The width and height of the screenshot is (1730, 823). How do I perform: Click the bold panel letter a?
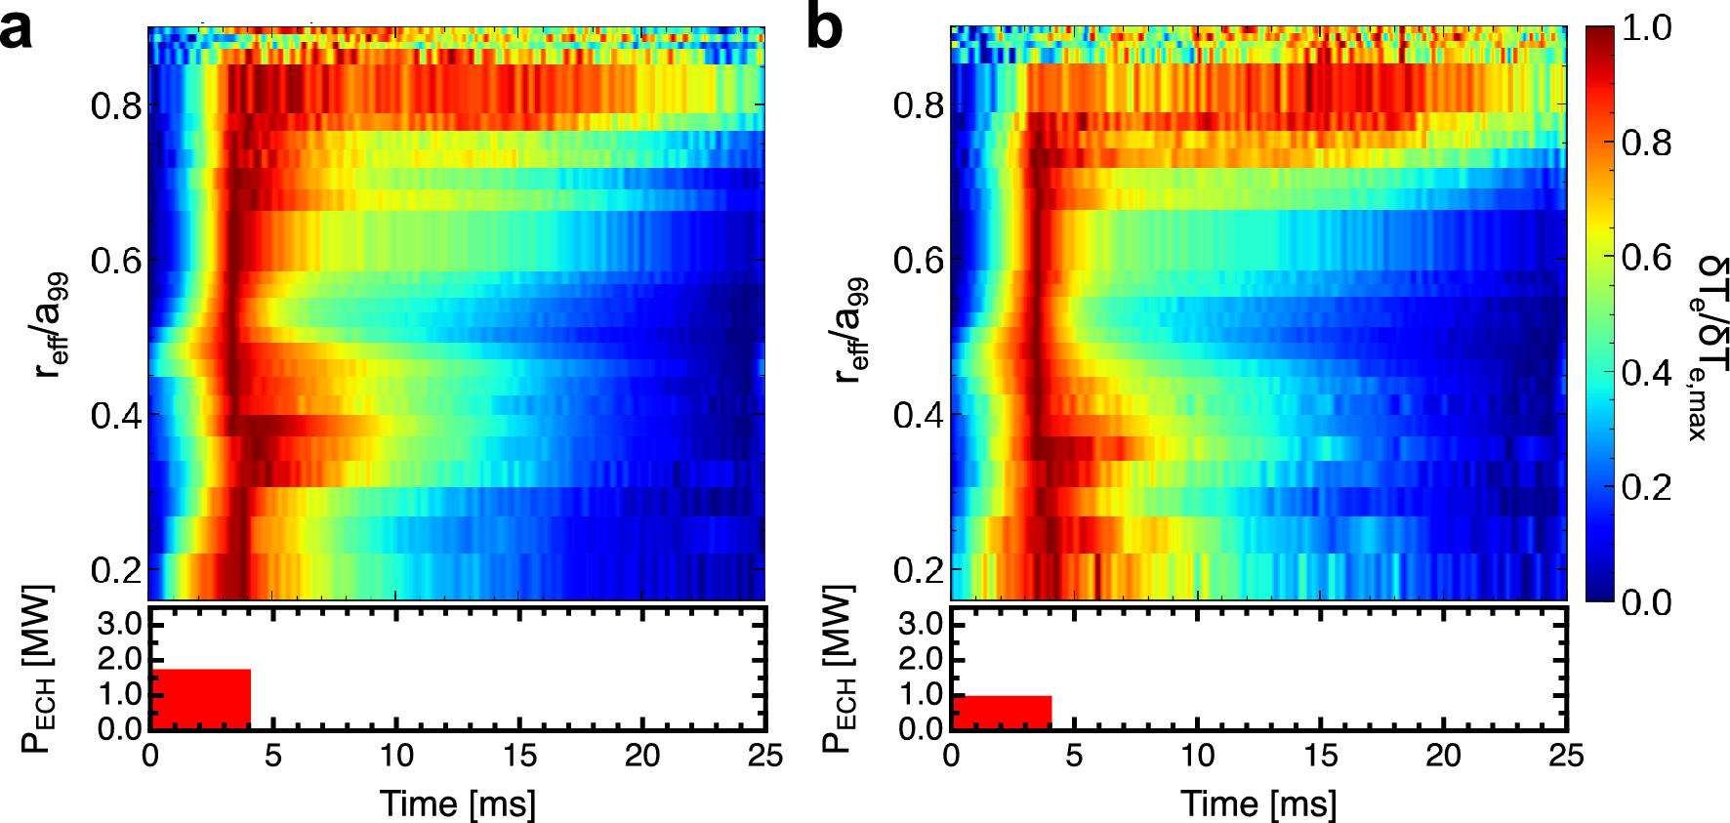point(18,29)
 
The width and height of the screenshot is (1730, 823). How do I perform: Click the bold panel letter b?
point(825,29)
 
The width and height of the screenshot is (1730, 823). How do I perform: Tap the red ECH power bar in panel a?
point(199,699)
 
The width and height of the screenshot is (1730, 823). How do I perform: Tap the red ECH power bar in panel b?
point(1001,712)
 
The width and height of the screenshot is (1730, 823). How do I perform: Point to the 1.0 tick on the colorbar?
point(1647,28)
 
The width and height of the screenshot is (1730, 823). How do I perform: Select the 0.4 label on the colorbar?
point(1647,372)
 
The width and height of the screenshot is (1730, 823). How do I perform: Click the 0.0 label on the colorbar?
point(1647,601)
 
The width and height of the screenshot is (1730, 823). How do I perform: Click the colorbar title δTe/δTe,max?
point(1709,347)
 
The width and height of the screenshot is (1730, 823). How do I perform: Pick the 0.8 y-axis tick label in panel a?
point(116,105)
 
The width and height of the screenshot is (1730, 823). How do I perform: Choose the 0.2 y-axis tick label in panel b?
point(919,569)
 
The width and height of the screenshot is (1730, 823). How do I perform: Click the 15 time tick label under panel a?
point(518,756)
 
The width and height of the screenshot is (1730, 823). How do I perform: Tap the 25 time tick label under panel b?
point(1565,756)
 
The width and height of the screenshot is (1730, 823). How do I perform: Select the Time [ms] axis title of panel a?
point(457,803)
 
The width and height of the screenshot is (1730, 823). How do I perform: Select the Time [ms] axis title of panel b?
point(1258,803)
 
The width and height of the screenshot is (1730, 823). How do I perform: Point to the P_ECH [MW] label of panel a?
point(37,669)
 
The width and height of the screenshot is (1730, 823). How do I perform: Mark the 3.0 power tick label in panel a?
point(119,624)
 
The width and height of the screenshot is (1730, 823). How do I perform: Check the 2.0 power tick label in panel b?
point(921,659)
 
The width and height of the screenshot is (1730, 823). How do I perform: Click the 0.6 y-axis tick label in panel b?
point(919,260)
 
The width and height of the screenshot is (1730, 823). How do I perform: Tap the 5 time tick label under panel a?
point(272,756)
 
